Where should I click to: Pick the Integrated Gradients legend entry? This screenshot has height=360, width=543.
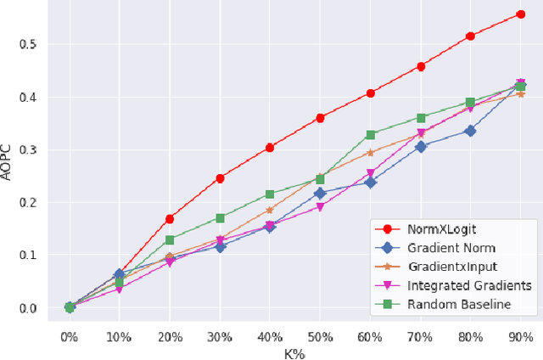pos(469,286)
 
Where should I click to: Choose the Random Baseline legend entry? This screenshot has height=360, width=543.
pos(457,305)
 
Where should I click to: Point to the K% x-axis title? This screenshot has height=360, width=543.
pos(294,352)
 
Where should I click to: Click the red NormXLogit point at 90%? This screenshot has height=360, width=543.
pos(520,14)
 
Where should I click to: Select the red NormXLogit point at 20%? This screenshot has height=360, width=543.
pos(170,218)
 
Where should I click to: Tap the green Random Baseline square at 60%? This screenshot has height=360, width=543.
pos(370,134)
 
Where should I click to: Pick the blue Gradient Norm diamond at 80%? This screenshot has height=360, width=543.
pos(470,131)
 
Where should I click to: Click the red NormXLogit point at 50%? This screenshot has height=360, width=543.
pos(320,118)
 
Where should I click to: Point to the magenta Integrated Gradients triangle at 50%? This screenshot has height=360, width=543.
pos(320,206)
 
